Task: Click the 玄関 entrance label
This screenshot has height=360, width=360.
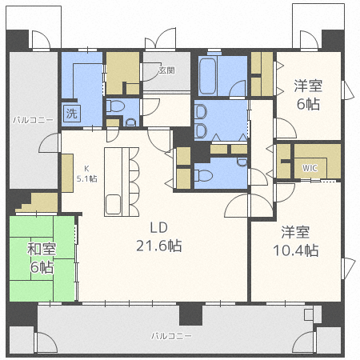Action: pyautogui.click(x=167, y=70)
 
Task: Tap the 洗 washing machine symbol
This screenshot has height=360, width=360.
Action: pyautogui.click(x=72, y=114)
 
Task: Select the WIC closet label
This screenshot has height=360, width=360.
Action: pyautogui.click(x=310, y=168)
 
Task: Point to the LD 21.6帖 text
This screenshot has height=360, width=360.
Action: pyautogui.click(x=159, y=237)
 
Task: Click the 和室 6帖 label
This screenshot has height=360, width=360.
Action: pyautogui.click(x=42, y=258)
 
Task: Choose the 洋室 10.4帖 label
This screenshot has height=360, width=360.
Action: pyautogui.click(x=296, y=242)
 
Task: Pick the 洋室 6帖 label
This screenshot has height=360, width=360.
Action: pyautogui.click(x=308, y=95)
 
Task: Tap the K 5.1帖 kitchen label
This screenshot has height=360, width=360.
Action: pyautogui.click(x=87, y=174)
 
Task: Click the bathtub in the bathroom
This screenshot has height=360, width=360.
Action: pyautogui.click(x=207, y=76)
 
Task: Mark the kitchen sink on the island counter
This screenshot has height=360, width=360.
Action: pyautogui.click(x=113, y=205)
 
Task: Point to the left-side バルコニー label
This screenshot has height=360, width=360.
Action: pyautogui.click(x=33, y=120)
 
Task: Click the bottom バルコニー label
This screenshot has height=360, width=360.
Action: pyautogui.click(x=171, y=336)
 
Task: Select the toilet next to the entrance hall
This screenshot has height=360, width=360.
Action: pyautogui.click(x=115, y=106)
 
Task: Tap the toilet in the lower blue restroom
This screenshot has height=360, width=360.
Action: pyautogui.click(x=203, y=176)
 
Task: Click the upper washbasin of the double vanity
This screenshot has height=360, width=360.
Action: pyautogui.click(x=201, y=112)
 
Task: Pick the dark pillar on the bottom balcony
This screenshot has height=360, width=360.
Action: pyautogui.click(x=190, y=314)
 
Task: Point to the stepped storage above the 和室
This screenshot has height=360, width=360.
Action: pyautogui.click(x=37, y=202)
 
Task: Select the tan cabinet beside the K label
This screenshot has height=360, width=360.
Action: pyautogui.click(x=67, y=173)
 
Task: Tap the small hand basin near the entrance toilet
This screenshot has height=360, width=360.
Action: pyautogui.click(x=130, y=122)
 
